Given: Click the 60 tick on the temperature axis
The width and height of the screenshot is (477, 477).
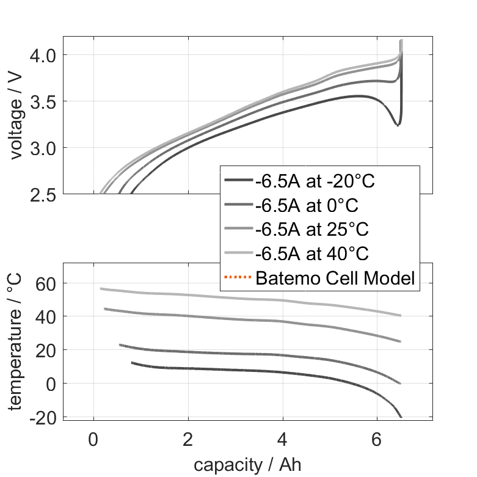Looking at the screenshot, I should click(x=48, y=283).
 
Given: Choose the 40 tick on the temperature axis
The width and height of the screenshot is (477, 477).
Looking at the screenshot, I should click(x=48, y=316).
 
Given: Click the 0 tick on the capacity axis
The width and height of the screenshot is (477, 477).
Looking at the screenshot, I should click(x=93, y=439).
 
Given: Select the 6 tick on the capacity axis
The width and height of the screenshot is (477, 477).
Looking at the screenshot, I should click(x=377, y=439).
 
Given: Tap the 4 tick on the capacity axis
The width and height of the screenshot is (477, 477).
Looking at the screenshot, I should click(x=283, y=439).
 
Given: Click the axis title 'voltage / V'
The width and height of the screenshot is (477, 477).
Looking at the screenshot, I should click(x=16, y=116).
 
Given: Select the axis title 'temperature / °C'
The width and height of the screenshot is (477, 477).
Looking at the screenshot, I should click(x=16, y=342).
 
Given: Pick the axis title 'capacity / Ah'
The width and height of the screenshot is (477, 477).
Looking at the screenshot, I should click(x=247, y=465).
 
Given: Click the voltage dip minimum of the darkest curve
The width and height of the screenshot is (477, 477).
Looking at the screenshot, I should click(x=398, y=125).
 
